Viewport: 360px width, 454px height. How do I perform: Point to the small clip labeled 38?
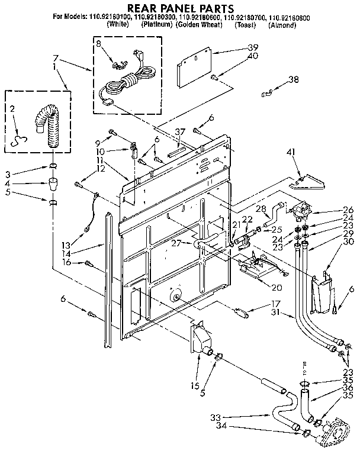point(268,92)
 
